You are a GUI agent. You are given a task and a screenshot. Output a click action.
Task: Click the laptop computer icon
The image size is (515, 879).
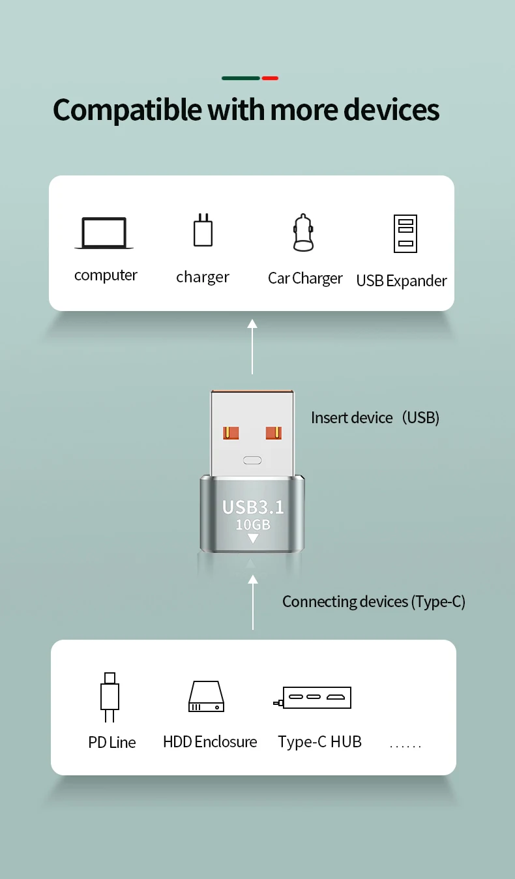click(x=104, y=233)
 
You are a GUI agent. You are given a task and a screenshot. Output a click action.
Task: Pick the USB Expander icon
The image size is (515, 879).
click(x=405, y=233)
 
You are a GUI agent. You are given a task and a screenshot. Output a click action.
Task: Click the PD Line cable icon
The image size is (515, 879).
click(x=110, y=697)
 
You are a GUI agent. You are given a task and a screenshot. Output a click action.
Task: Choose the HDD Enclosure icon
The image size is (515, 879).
click(x=206, y=696)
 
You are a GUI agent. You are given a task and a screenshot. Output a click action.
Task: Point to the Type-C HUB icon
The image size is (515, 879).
click(x=314, y=697)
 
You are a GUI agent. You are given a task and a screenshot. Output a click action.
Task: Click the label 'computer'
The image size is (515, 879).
click(x=106, y=275)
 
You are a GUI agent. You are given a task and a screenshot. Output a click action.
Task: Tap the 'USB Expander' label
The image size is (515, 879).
click(x=402, y=281)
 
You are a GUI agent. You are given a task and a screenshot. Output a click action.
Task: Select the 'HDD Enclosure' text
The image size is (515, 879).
click(x=210, y=742)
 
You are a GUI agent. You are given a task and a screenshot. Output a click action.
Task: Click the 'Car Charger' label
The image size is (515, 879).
click(x=305, y=278)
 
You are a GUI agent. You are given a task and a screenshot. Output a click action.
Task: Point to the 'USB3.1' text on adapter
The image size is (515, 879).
click(x=253, y=507)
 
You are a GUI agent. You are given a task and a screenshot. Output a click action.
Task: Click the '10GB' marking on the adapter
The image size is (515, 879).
click(x=253, y=525)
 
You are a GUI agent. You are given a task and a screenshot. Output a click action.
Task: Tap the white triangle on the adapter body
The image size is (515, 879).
click(x=253, y=539)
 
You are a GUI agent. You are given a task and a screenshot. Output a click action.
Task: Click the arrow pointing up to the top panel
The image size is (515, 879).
click(x=252, y=346)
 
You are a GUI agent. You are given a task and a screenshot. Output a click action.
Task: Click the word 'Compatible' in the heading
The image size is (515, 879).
click(x=127, y=110)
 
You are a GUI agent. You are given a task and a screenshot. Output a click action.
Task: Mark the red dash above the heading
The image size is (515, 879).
click(x=270, y=78)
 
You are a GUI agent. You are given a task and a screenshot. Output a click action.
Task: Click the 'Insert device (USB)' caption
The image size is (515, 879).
click(x=375, y=417)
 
